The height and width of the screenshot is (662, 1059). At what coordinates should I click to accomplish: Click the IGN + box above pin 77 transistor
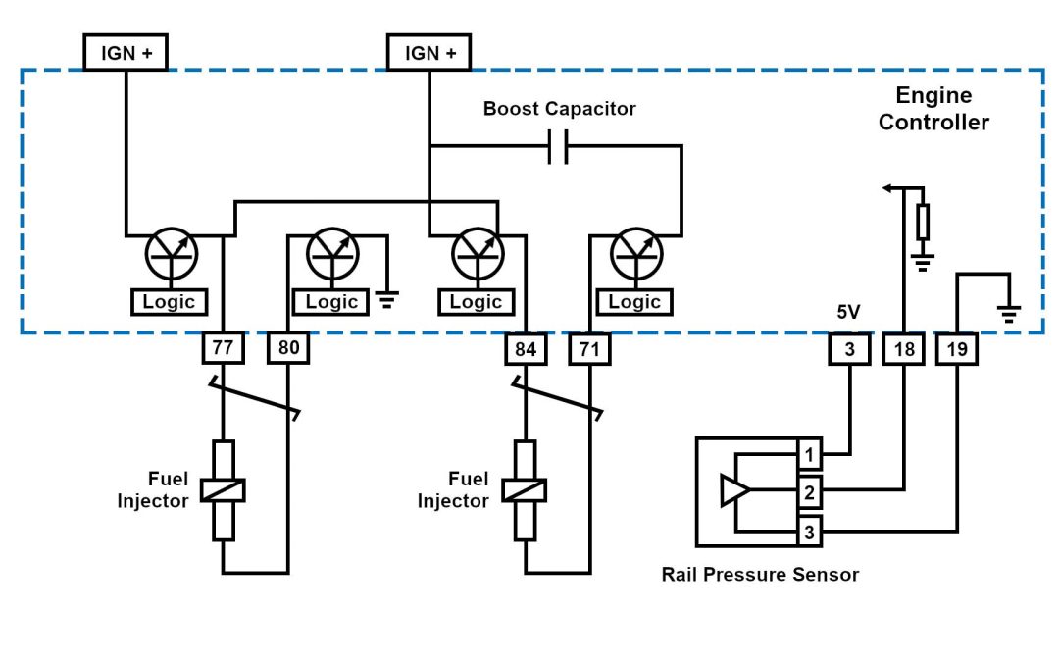126,53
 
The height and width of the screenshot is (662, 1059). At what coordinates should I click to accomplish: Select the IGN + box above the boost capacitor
429,53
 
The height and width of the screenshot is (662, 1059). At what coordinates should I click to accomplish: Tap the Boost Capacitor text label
559,109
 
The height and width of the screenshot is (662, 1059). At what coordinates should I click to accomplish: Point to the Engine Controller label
933,109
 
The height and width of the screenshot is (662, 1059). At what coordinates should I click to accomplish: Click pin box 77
223,348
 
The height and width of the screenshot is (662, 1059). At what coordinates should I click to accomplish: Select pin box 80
288,348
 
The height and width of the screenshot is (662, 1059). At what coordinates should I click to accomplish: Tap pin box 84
526,348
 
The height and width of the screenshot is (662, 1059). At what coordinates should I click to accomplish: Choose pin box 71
589,348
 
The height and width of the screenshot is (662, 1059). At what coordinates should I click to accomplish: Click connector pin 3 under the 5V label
849,349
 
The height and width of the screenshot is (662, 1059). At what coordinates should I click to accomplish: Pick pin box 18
904,349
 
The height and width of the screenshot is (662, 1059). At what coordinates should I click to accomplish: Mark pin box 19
957,349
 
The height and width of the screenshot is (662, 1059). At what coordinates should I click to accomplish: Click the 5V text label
849,314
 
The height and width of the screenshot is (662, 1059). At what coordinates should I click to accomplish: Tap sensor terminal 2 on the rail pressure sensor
810,491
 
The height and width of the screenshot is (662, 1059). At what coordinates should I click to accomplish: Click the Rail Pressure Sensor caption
760,575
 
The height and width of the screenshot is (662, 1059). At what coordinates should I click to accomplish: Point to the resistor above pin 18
923,223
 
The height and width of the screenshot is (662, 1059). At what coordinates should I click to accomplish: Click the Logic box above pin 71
634,302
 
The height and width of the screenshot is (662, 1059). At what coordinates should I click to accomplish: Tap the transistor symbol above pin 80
333,255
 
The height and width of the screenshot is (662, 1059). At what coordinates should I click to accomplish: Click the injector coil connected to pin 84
526,489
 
